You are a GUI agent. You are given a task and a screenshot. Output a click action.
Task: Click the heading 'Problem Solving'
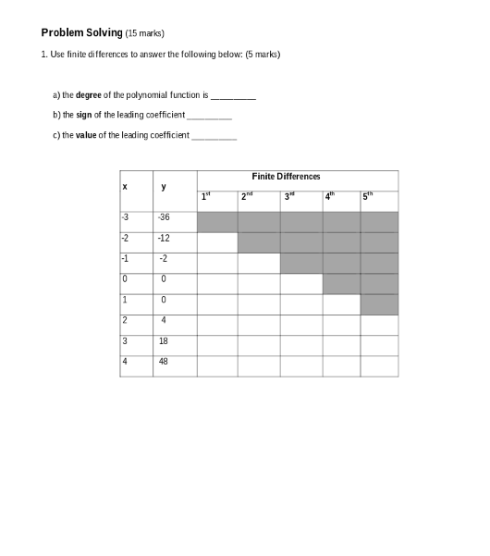pos(82,32)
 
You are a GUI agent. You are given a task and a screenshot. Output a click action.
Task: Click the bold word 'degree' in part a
pos(89,95)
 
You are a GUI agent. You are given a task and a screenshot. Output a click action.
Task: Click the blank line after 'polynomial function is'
pos(233,96)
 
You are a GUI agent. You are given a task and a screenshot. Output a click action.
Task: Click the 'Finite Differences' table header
pos(286,176)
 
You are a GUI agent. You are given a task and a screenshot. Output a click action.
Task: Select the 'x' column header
pos(123,187)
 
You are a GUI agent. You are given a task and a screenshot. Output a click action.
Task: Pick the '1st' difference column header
pos(207,196)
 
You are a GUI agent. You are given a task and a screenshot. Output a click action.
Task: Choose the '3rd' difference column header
pos(289,196)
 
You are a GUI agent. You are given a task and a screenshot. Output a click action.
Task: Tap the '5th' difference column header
pos(369,196)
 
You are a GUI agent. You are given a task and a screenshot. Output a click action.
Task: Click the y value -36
pos(164,217)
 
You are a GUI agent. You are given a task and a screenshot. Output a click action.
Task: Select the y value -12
pos(164,238)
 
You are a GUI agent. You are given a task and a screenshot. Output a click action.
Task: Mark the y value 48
pos(164,362)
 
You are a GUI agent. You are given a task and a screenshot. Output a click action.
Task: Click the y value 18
pos(164,341)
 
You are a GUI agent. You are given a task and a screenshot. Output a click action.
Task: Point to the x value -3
pos(125,217)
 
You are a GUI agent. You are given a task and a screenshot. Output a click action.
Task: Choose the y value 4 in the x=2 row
pos(163,321)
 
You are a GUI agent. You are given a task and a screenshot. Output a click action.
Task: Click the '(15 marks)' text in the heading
pos(145,33)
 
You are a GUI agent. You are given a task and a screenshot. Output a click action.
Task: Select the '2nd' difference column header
pos(247,196)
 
